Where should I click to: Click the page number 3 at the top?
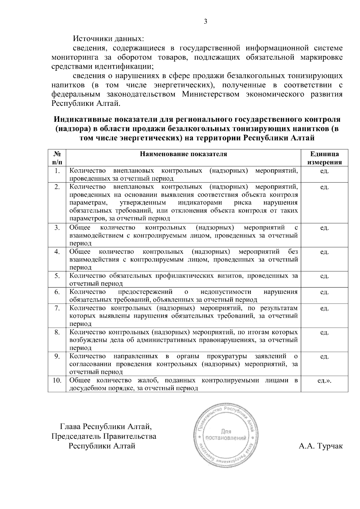tap(205, 21)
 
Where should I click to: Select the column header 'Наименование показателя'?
tap(183, 154)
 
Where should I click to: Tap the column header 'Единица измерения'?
tap(324, 158)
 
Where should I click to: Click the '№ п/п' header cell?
tap(57, 158)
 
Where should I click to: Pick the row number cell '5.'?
tap(57, 276)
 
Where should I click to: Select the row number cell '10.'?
tap(57, 380)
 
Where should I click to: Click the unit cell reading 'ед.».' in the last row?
tap(324, 380)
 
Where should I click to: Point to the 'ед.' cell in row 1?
tap(324, 171)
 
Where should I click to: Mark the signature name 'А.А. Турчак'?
tap(320, 446)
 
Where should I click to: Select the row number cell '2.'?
tap(57, 187)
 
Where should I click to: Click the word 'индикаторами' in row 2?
tap(201, 203)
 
